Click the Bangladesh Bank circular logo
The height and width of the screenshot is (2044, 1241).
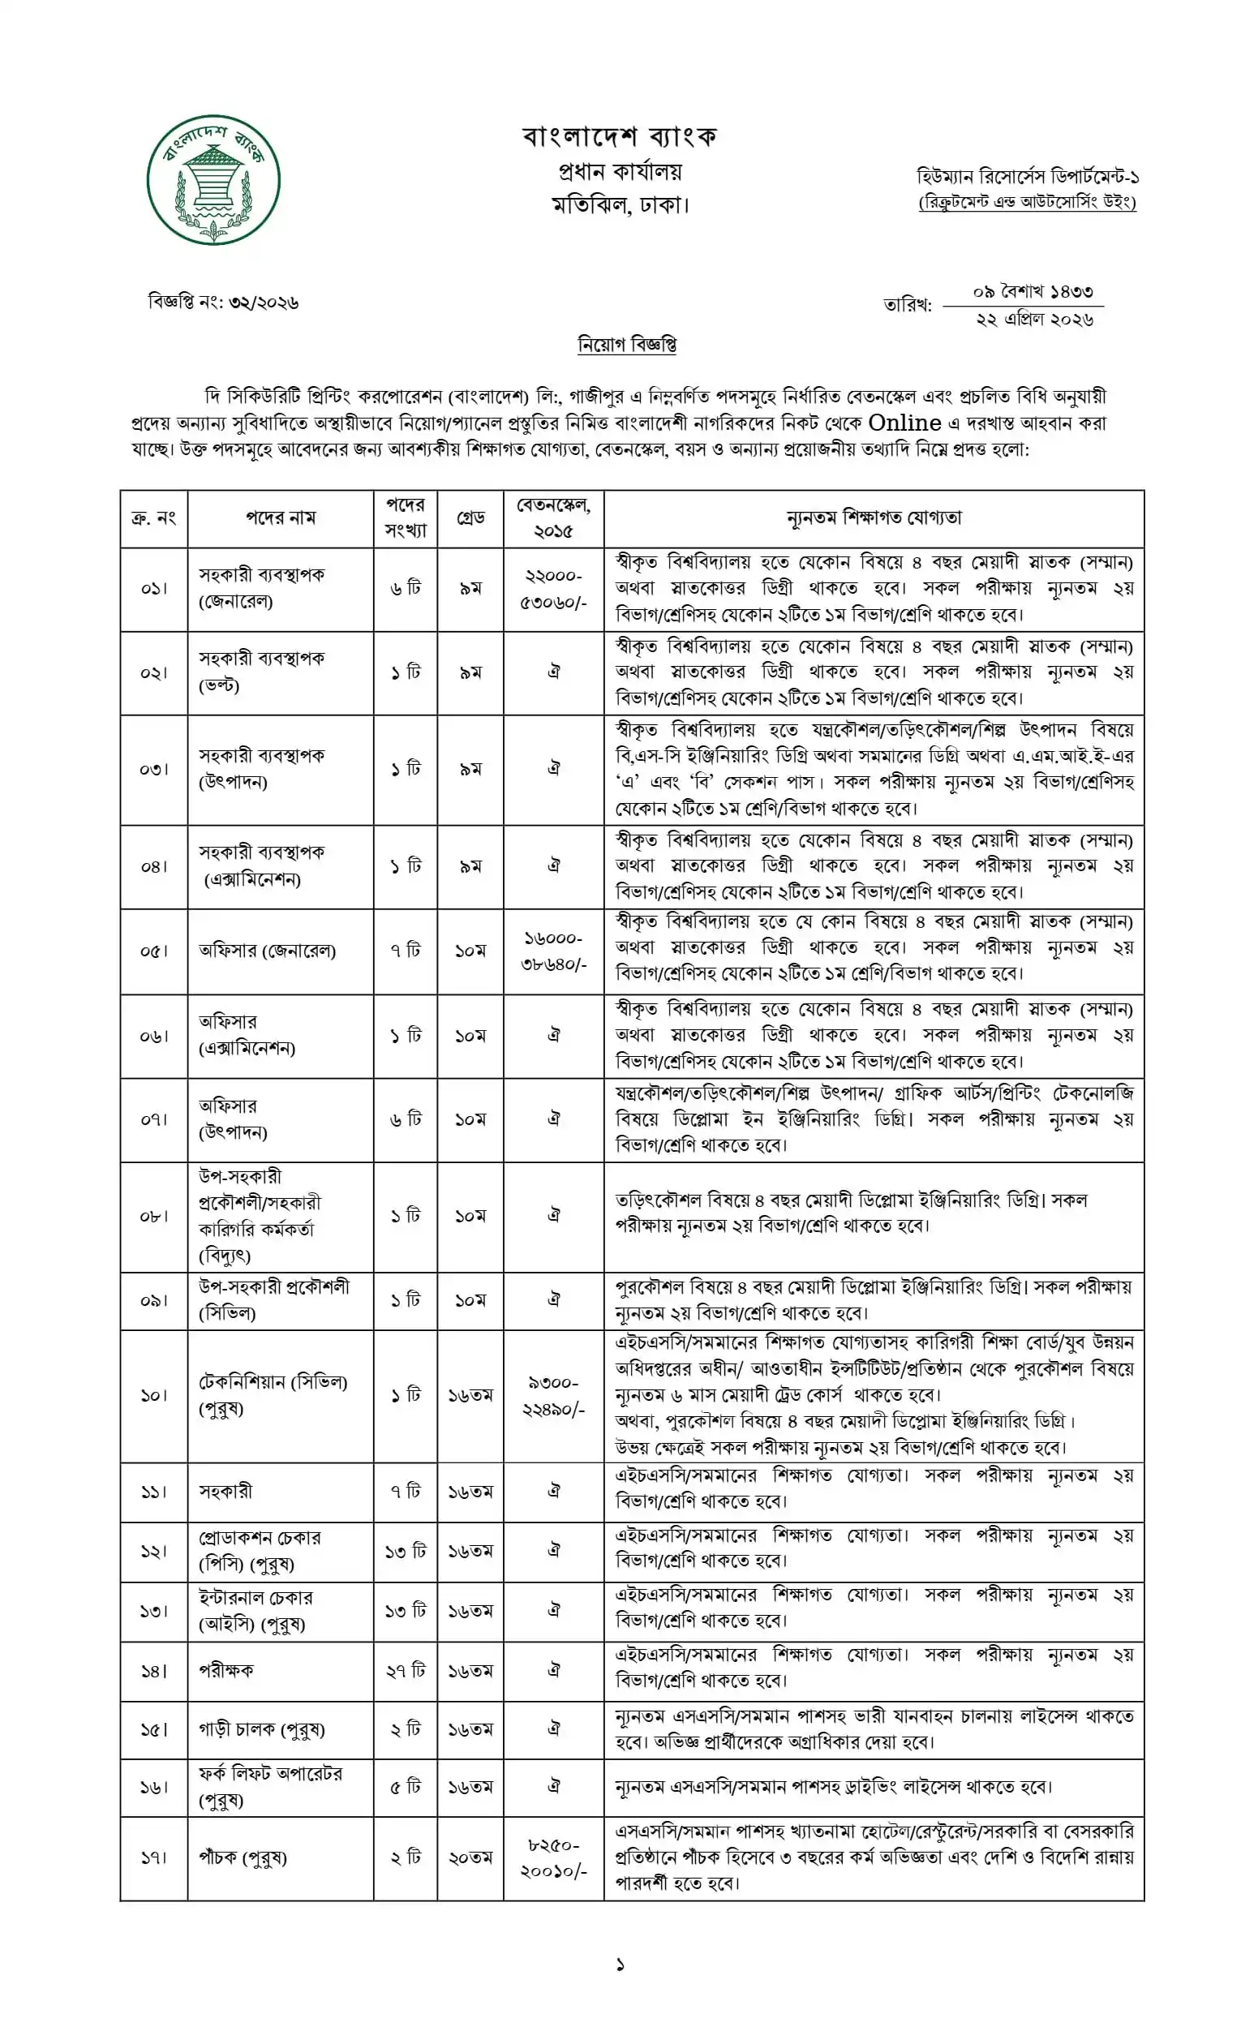pyautogui.click(x=213, y=179)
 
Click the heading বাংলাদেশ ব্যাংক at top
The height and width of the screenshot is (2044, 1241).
pyautogui.click(x=620, y=135)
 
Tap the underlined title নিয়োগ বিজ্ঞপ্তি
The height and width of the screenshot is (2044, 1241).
pyautogui.click(x=626, y=343)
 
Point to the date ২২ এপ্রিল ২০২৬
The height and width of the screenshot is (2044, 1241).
pyautogui.click(x=1034, y=320)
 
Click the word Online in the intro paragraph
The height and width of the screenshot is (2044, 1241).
pyautogui.click(x=904, y=423)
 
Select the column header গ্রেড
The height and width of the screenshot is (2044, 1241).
pyautogui.click(x=470, y=517)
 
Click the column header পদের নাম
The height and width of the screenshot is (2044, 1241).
pyautogui.click(x=281, y=517)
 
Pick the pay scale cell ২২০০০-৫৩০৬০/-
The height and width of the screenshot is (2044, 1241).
pyautogui.click(x=553, y=589)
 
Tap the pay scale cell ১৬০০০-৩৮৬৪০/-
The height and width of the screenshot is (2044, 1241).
pyautogui.click(x=553, y=951)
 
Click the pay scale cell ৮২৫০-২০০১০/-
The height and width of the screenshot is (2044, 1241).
pyautogui.click(x=553, y=1858)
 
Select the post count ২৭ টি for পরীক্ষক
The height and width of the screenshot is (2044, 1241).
pyautogui.click(x=406, y=1670)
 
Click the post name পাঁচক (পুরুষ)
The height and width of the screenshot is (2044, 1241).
pyautogui.click(x=243, y=1858)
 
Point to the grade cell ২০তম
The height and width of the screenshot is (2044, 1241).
pyautogui.click(x=470, y=1858)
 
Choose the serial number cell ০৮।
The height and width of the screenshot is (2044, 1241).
pyautogui.click(x=153, y=1216)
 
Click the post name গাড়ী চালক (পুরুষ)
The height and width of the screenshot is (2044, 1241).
pyautogui.click(x=261, y=1729)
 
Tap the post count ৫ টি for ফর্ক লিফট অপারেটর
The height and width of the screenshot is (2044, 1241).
pyautogui.click(x=406, y=1786)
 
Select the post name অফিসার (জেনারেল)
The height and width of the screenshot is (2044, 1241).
pyautogui.click(x=267, y=951)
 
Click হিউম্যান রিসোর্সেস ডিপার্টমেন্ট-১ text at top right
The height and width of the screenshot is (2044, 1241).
pyautogui.click(x=1027, y=177)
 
